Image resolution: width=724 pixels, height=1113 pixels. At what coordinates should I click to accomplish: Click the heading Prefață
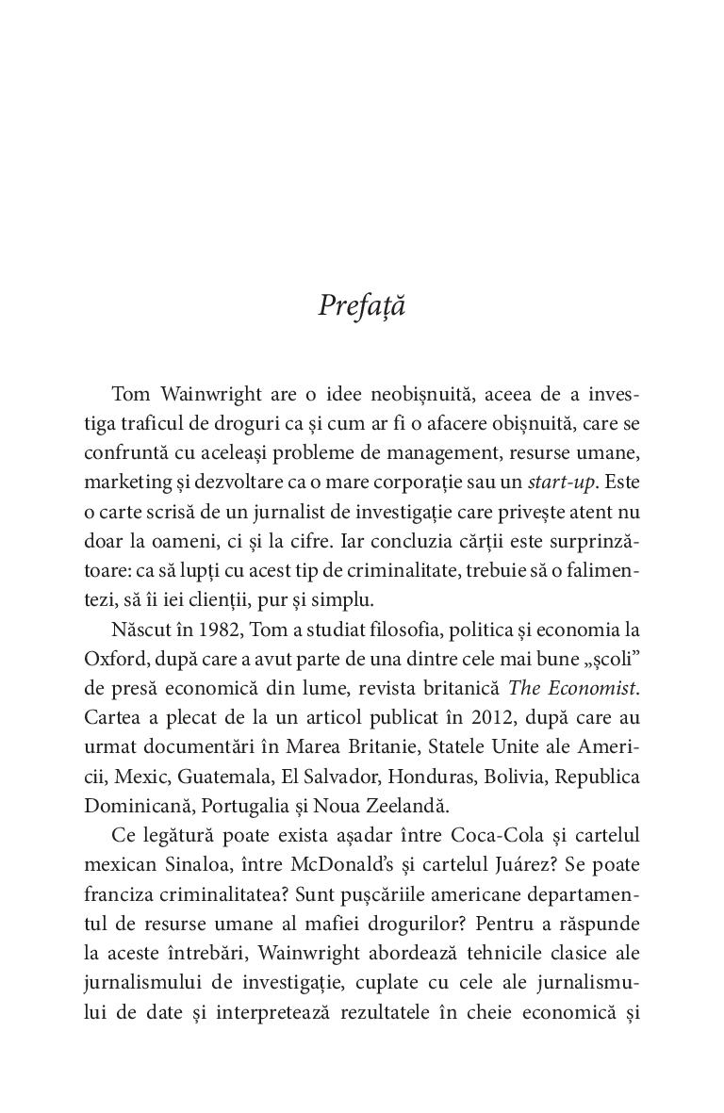pos(362,306)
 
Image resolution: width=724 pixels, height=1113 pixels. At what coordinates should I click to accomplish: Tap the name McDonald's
pos(337,869)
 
